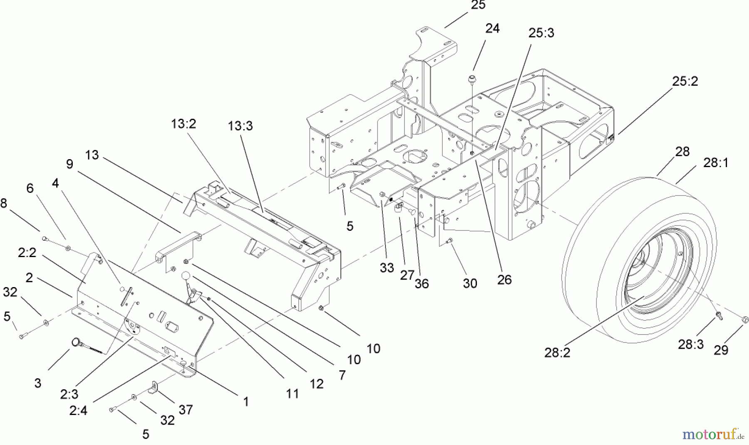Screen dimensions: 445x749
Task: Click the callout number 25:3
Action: click(541, 33)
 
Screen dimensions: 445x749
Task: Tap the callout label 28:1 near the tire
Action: click(716, 163)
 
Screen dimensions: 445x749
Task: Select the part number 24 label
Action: click(492, 28)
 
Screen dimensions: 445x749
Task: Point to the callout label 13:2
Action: click(183, 124)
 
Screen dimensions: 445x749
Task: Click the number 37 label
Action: click(186, 410)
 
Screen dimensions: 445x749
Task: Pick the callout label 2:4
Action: click(78, 410)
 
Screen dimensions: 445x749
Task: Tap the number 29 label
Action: click(721, 350)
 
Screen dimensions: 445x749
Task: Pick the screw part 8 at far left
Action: click(44, 239)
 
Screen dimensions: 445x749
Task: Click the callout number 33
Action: click(387, 268)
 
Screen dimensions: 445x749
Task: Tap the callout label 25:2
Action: click(685, 81)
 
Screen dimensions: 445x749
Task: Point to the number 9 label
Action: click(69, 164)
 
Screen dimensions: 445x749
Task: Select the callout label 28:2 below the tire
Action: click(557, 352)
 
